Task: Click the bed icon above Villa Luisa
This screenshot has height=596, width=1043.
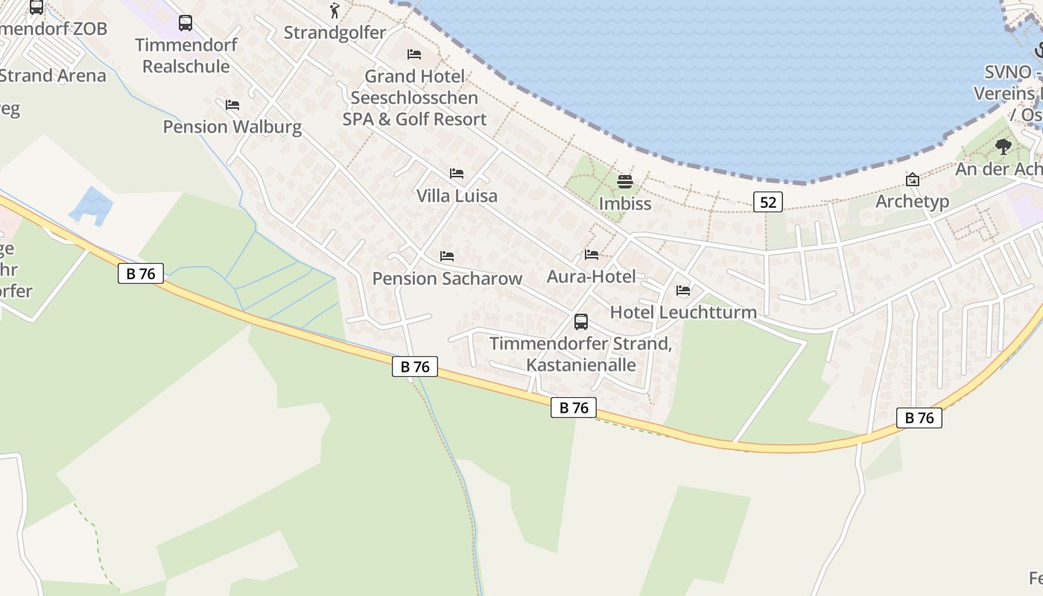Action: pyautogui.click(x=457, y=174)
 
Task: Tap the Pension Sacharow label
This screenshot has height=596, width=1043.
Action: pyautogui.click(x=447, y=279)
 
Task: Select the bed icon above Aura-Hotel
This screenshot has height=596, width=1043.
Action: pyautogui.click(x=592, y=255)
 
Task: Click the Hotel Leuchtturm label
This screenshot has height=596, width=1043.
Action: pyautogui.click(x=683, y=312)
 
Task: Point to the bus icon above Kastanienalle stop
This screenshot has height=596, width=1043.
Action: pyautogui.click(x=581, y=322)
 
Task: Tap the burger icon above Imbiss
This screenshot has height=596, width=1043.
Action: pyautogui.click(x=625, y=181)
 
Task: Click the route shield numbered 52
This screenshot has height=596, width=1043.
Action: pyautogui.click(x=767, y=202)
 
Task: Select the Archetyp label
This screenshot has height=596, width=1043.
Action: pyautogui.click(x=912, y=202)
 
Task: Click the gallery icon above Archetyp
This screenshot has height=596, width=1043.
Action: pyautogui.click(x=912, y=180)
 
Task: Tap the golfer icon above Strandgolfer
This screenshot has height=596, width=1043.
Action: pyautogui.click(x=335, y=10)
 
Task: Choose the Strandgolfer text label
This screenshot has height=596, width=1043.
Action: pyautogui.click(x=335, y=33)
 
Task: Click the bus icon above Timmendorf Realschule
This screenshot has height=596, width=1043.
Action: pyautogui.click(x=186, y=23)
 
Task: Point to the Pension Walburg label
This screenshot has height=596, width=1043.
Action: pyautogui.click(x=232, y=127)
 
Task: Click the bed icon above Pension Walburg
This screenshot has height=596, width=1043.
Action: pyautogui.click(x=232, y=105)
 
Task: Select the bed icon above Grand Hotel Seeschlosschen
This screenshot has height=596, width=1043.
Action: pyautogui.click(x=414, y=54)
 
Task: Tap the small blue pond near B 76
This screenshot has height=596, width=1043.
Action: pyautogui.click(x=92, y=205)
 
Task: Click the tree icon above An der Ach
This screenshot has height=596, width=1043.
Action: pyautogui.click(x=1003, y=147)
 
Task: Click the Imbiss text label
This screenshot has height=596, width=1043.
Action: pyautogui.click(x=625, y=203)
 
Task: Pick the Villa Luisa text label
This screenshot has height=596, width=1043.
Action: pyautogui.click(x=457, y=196)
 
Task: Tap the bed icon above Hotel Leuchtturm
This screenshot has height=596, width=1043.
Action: pyautogui.click(x=683, y=291)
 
